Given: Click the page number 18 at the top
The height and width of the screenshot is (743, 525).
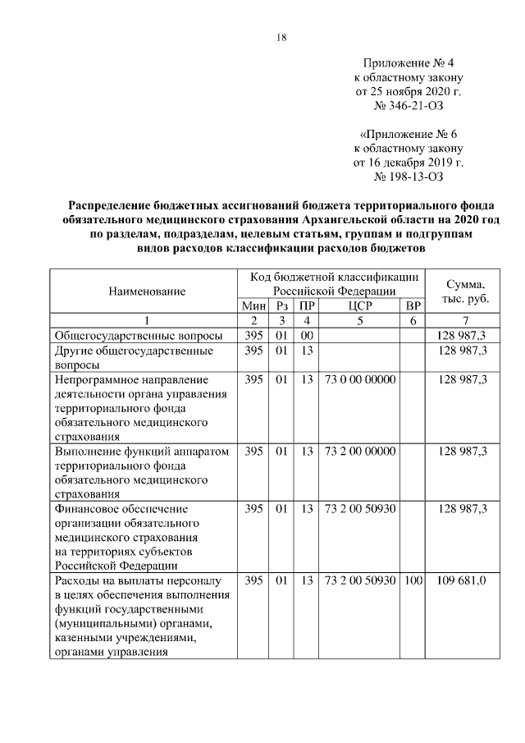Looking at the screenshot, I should point(282,37).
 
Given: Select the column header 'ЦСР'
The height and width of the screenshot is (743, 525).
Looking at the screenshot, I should point(359,305).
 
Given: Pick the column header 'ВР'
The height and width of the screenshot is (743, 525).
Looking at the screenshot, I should point(413,305).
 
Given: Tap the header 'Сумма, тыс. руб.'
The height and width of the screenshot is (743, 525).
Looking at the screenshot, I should point(466,291).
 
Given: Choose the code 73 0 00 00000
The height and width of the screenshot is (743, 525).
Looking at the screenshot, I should point(360,379).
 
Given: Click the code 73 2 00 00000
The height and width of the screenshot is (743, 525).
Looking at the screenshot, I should point(360,451).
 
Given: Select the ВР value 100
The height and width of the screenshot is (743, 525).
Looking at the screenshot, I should point(413,581).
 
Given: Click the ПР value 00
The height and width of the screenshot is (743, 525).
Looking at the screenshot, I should point(306,336).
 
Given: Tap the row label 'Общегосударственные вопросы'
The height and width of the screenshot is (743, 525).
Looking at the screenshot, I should point(138,336).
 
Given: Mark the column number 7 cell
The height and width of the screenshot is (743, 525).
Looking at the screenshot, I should point(466,320).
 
